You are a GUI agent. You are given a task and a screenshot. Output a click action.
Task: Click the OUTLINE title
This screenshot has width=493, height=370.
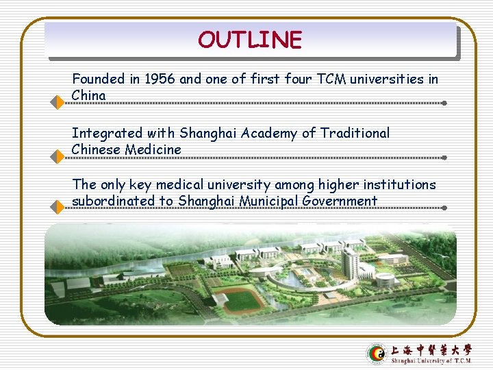point(249,40)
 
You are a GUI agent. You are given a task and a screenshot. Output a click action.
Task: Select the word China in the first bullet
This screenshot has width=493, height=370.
point(88,95)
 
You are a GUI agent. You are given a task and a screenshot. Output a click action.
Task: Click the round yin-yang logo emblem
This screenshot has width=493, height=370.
point(377,353)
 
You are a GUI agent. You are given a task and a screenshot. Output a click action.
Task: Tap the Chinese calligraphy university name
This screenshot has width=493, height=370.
point(431,349)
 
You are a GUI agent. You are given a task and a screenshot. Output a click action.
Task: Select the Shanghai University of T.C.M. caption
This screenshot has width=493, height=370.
point(431,360)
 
